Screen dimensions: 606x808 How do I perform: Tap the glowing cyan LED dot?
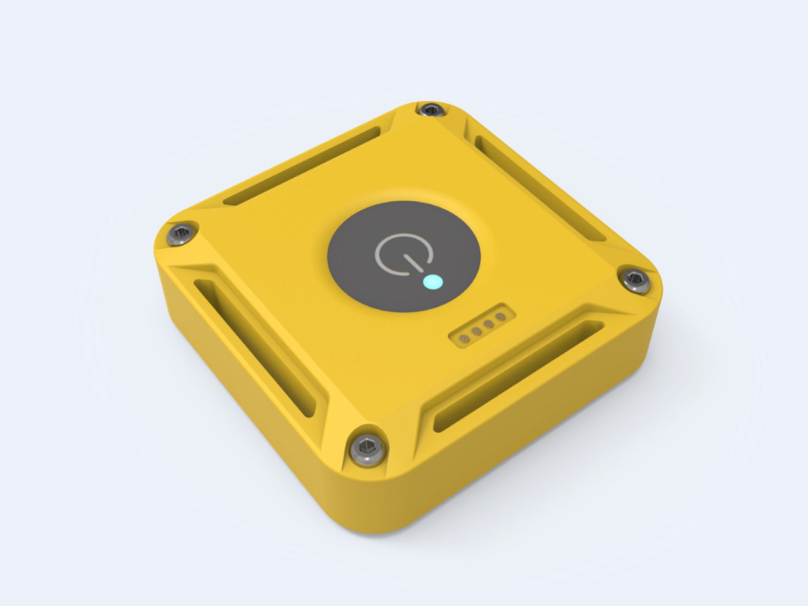point(432,282)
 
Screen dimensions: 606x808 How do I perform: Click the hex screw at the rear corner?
point(429,110)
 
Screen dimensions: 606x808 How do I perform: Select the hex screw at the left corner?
point(180,234)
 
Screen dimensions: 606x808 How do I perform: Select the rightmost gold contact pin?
point(500,316)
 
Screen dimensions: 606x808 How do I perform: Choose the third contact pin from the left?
point(488,323)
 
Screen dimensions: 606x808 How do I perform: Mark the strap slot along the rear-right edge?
point(541,187)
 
